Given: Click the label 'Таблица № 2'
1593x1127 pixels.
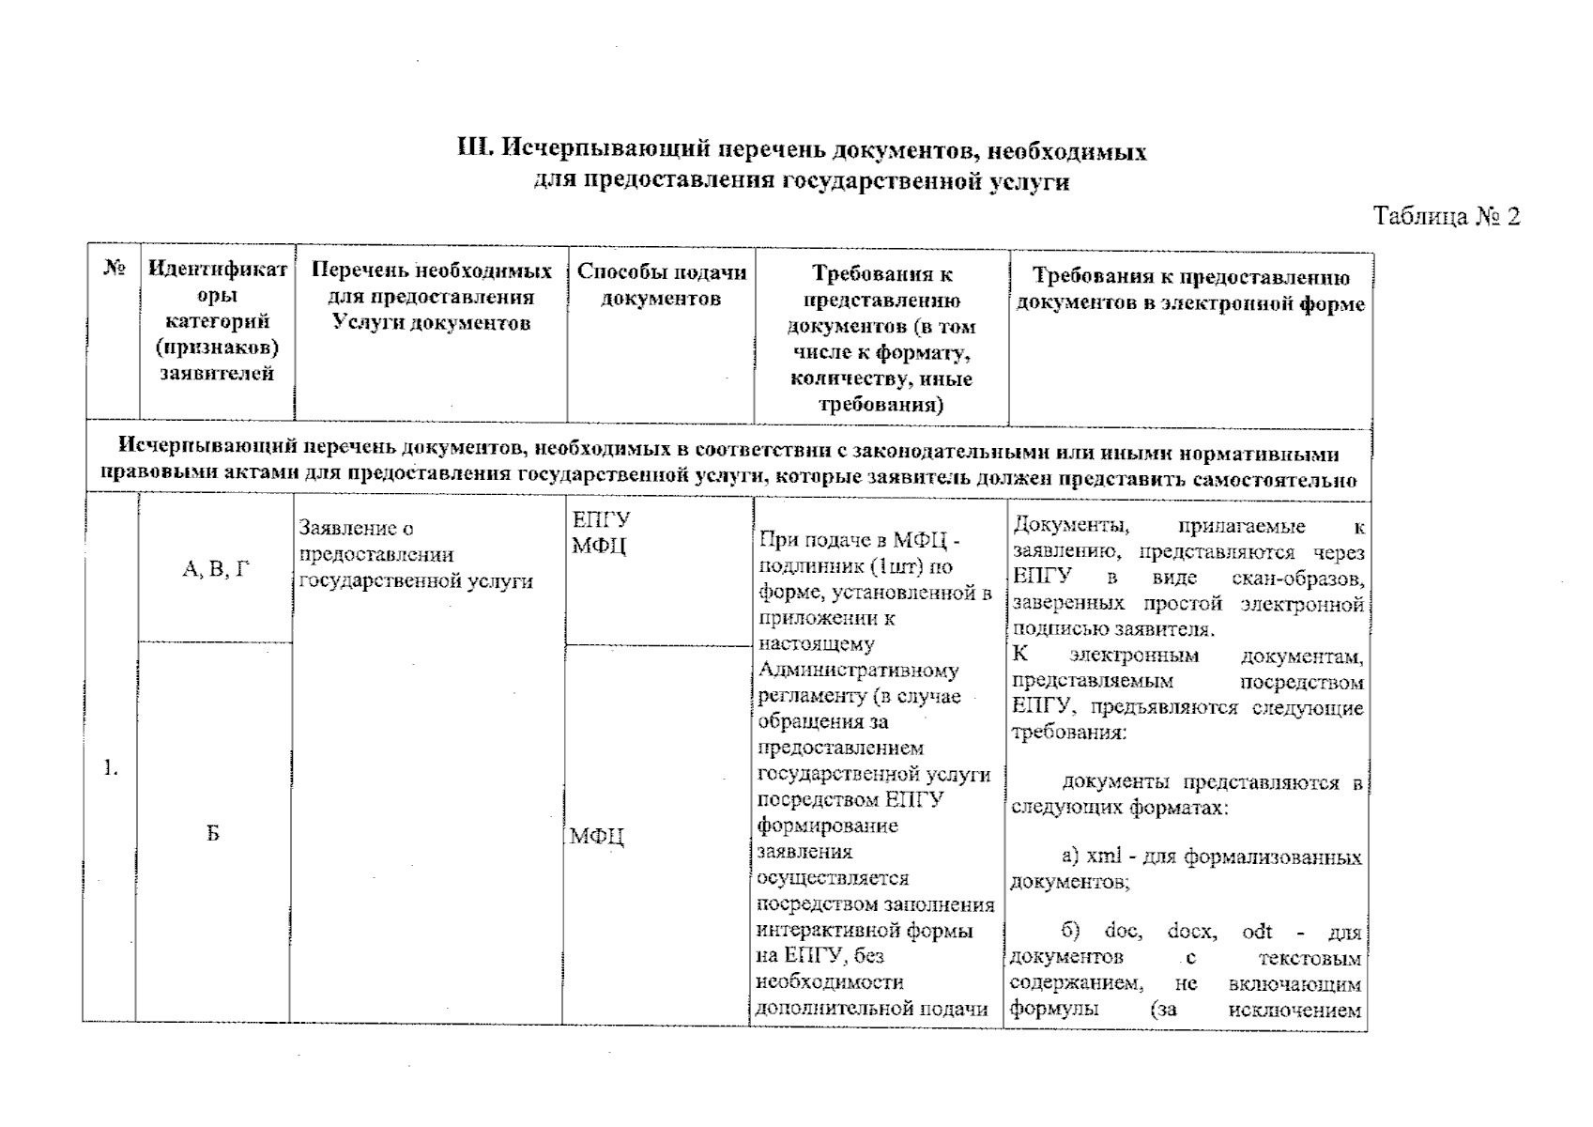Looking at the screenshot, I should [x=1446, y=217].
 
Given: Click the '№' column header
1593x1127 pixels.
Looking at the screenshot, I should [x=115, y=269].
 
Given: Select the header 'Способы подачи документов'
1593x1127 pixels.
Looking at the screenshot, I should [x=661, y=286].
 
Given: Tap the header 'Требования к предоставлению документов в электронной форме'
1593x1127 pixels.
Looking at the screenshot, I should [x=1190, y=289].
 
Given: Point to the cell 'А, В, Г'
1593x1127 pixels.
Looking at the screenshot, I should [x=216, y=569].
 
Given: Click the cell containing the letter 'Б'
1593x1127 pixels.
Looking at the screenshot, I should [x=214, y=834].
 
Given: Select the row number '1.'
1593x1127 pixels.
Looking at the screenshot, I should [x=111, y=769].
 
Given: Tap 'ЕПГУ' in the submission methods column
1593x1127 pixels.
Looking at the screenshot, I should [x=601, y=520].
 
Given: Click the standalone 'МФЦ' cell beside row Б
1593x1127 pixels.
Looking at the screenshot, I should [x=597, y=837].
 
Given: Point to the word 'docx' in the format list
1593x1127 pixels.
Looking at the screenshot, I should [x=1191, y=932].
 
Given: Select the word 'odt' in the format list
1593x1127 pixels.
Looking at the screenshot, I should [x=1257, y=932].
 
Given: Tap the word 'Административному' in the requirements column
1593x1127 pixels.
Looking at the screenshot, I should [x=858, y=671].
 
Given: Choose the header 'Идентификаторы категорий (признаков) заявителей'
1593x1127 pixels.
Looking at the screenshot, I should [x=217, y=320].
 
